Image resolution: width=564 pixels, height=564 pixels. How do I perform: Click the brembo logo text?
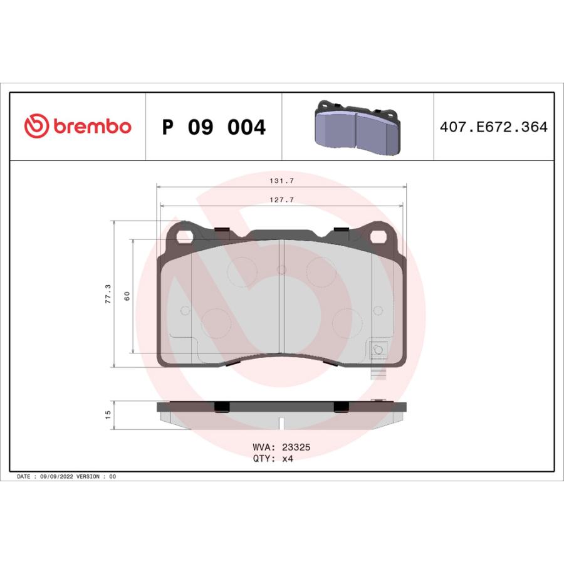click(x=91, y=127)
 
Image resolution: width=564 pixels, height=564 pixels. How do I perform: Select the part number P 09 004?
click(x=214, y=127)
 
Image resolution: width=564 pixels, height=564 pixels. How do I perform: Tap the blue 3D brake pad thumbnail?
click(x=357, y=128)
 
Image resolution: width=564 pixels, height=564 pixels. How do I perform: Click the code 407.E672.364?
click(x=494, y=127)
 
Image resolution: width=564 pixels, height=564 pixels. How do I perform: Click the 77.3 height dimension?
click(x=108, y=293)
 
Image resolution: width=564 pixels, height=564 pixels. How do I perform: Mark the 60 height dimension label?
click(x=127, y=296)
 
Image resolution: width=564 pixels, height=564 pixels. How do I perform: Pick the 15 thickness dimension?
click(x=108, y=415)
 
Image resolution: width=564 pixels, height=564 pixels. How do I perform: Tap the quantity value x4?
click(x=288, y=458)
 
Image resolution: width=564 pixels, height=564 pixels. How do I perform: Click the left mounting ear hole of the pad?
click(x=184, y=237)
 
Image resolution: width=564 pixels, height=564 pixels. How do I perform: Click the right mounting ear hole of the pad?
click(x=379, y=237)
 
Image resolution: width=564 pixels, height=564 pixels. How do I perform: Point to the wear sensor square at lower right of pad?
click(x=377, y=350)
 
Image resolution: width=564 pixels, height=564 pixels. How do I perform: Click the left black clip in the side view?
click(x=222, y=407)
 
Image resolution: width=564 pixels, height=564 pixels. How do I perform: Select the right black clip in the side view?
click(x=342, y=407)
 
